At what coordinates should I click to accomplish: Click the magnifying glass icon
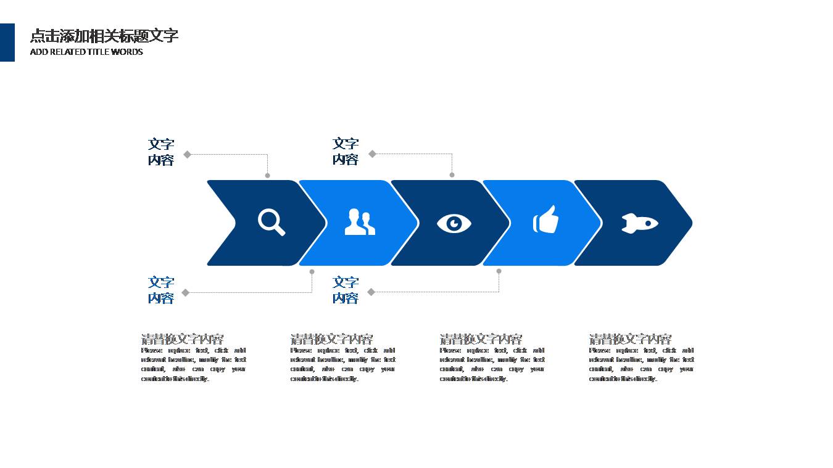tap(271, 222)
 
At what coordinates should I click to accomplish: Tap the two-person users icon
tap(360, 222)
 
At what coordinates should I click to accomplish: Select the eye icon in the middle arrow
tap(454, 223)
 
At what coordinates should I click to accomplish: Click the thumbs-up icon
tap(546, 220)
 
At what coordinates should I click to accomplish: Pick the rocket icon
tap(639, 223)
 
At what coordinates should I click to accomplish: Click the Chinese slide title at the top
tap(104, 36)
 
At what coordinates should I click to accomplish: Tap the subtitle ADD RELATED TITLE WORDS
tap(86, 52)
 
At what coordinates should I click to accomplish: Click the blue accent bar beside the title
tap(7, 43)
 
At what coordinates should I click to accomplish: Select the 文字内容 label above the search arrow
tap(161, 152)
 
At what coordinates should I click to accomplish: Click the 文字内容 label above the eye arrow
tap(346, 151)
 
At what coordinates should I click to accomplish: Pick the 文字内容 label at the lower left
tap(161, 290)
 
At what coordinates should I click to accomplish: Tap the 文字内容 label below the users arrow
tap(346, 290)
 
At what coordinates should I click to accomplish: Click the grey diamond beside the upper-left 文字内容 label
tap(187, 154)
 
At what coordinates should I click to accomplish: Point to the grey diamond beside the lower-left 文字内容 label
tap(185, 293)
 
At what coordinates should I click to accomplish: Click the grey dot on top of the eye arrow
tap(452, 175)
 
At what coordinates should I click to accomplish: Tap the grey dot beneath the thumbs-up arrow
tap(499, 271)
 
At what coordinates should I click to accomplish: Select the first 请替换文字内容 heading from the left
tap(182, 339)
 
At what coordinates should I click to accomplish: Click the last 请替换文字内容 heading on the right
tap(630, 339)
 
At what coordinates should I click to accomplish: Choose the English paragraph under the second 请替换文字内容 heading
tap(342, 364)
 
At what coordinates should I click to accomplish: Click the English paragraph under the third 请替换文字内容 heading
tap(492, 364)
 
